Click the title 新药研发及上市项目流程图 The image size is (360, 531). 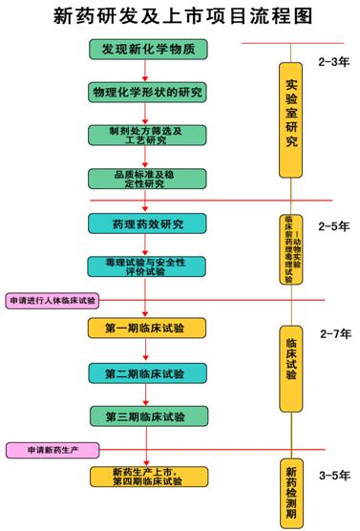pyautogui.click(x=180, y=16)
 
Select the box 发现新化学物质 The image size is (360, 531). pyautogui.click(x=144, y=50)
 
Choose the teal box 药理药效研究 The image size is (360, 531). pyautogui.click(x=145, y=224)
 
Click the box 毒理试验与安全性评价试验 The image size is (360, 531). pyautogui.click(x=145, y=266)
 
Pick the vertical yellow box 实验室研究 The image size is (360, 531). pyautogui.click(x=290, y=119)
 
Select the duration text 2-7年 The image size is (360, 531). pyautogui.click(x=334, y=334)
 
